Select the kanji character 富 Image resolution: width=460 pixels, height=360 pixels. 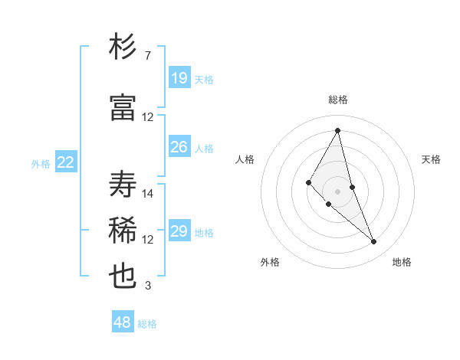[x=123, y=107]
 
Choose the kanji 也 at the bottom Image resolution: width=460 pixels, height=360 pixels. [x=123, y=276]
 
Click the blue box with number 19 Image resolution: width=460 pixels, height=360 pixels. [x=179, y=77]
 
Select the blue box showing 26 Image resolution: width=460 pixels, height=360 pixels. [x=179, y=146]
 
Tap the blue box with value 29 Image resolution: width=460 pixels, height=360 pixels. [x=179, y=231]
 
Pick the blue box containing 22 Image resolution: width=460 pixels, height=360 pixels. [x=66, y=162]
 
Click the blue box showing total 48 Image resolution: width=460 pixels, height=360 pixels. [x=123, y=322]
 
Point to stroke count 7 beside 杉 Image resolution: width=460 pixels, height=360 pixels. [x=147, y=56]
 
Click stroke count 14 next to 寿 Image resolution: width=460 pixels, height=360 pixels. [x=148, y=194]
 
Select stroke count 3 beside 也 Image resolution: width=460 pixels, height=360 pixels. [x=147, y=286]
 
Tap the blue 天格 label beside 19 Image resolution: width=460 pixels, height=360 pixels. [x=204, y=79]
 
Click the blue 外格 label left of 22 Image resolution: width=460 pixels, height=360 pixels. [x=41, y=163]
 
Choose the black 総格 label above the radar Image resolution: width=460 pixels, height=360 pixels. [x=338, y=100]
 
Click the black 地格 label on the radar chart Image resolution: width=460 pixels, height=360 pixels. [x=402, y=262]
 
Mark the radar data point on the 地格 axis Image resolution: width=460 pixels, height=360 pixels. [x=374, y=242]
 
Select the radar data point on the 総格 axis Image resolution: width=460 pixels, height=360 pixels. [x=338, y=130]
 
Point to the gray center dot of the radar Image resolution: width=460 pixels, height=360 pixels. [x=338, y=190]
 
